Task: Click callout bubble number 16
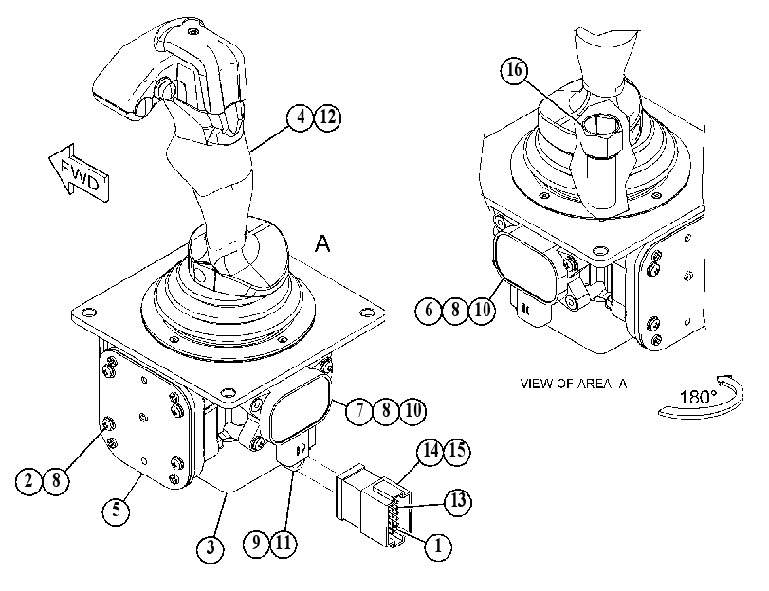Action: point(514,71)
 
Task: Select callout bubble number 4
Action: point(301,117)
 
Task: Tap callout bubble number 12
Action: point(327,117)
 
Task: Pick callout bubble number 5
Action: point(116,510)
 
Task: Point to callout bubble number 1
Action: point(438,545)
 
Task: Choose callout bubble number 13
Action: point(458,502)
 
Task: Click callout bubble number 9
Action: point(257,543)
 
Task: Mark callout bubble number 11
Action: point(284,543)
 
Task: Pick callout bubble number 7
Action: point(359,411)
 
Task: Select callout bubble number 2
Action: point(29,481)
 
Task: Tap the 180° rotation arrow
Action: point(702,397)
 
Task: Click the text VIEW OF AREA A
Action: point(574,384)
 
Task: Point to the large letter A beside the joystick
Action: point(322,243)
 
